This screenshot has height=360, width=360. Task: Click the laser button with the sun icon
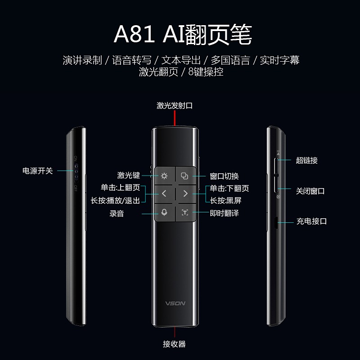coord(164,175)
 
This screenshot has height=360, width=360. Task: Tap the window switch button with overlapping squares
coord(184,175)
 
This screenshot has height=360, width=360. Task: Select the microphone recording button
coord(164,212)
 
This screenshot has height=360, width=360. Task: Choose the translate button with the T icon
coord(184,212)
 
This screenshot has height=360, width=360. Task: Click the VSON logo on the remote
coord(174,303)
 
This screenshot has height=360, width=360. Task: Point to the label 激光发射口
coord(175,106)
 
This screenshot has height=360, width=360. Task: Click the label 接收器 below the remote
coord(174,344)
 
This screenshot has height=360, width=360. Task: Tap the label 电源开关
coord(38,171)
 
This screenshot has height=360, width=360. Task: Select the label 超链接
coord(307,160)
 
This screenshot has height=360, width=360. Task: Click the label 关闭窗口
coord(310,191)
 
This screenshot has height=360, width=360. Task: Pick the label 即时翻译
coord(224,213)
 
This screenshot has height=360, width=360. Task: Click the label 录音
coord(117,213)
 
